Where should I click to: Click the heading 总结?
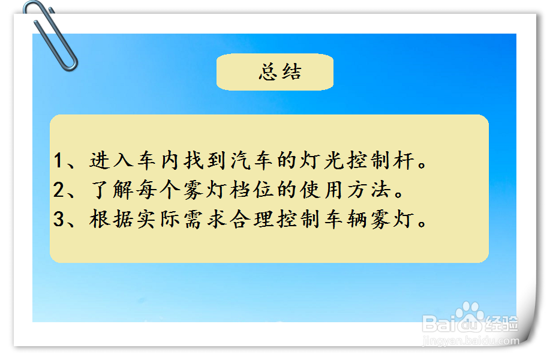point(279,72)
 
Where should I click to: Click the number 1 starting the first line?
point(59,161)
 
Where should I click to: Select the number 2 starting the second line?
point(59,190)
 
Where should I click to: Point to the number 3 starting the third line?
point(59,220)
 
